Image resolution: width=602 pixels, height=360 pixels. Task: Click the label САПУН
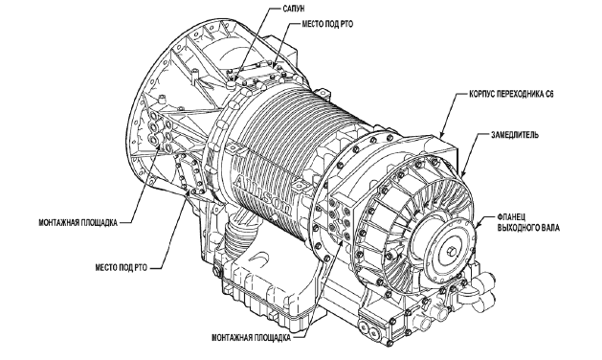293,9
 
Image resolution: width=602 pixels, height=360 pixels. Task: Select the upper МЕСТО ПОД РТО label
327,24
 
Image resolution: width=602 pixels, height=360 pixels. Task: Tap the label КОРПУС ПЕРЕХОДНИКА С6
511,94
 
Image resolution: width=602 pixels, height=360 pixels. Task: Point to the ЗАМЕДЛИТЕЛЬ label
515,135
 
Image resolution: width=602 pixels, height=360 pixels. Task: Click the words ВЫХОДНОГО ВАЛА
528,228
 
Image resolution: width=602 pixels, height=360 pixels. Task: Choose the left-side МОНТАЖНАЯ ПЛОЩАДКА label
78,223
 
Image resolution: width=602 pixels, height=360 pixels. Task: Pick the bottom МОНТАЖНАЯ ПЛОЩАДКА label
251,338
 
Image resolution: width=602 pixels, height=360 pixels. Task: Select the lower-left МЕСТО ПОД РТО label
122,268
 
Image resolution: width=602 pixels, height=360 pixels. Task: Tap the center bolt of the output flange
450,253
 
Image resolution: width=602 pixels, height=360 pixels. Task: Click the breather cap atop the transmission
231,83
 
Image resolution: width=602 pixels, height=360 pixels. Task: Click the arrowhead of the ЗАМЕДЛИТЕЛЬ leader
461,174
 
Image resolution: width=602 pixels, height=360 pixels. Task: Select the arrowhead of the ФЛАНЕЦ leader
476,226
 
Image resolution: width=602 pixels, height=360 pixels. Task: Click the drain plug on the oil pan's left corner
217,273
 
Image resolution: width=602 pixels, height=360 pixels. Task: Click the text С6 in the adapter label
549,94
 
